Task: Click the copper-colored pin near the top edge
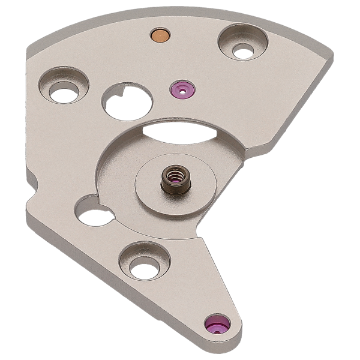point(160,34)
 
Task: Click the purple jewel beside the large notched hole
point(181,91)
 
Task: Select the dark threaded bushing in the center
point(173,178)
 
